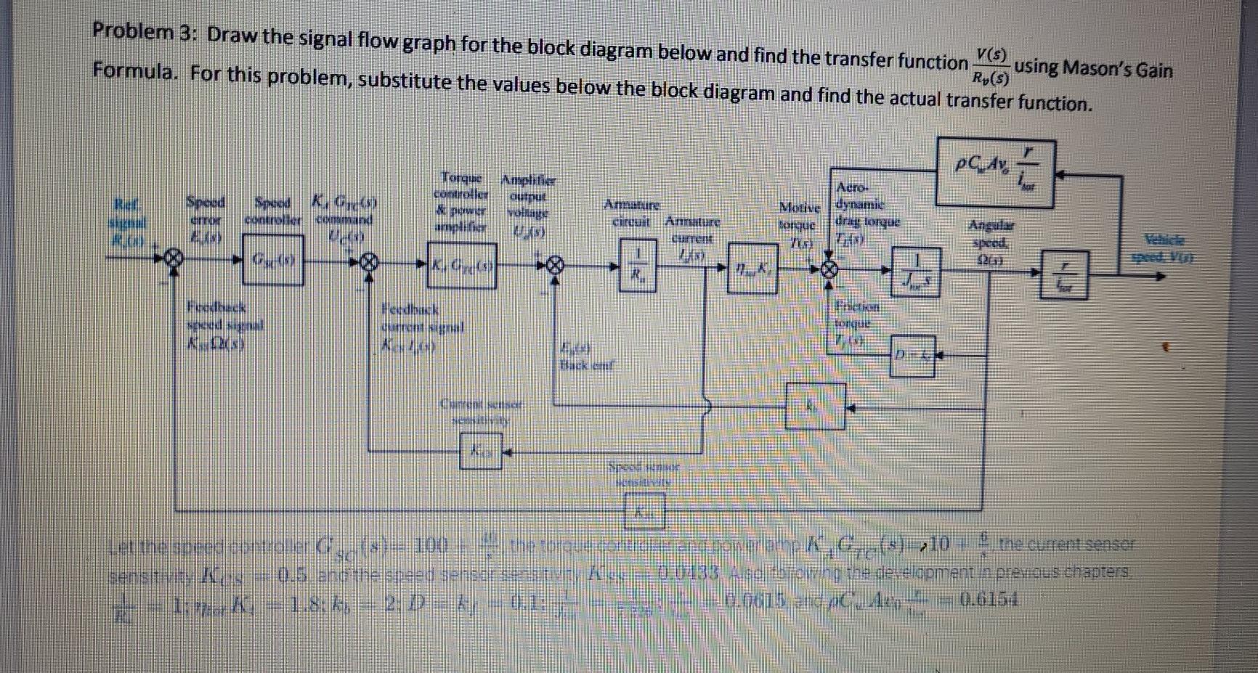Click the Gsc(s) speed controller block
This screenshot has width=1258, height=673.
(273, 259)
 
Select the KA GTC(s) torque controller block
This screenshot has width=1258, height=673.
(462, 266)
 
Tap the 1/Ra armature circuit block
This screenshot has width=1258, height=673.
(637, 265)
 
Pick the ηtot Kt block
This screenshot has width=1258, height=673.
(752, 268)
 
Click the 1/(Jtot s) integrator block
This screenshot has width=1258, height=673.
(915, 272)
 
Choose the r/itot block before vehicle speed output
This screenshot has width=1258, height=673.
(1065, 274)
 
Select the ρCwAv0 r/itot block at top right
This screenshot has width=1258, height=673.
(995, 173)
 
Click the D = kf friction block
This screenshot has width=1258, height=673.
(912, 355)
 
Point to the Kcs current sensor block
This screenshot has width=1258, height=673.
(481, 451)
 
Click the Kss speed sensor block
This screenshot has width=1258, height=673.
(644, 511)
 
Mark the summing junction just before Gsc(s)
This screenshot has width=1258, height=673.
(174, 258)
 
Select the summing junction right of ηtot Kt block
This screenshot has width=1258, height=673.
(829, 270)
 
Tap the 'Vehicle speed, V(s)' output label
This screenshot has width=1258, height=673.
(1163, 248)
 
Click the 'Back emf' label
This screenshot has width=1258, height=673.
(586, 365)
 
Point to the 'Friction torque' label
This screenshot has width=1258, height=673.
(857, 314)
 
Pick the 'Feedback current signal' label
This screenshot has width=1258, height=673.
(422, 318)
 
